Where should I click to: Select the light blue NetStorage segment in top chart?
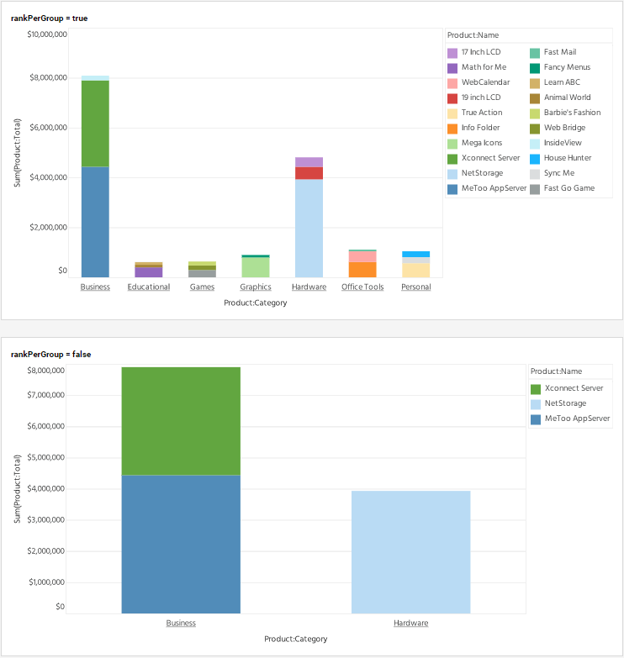pyautogui.click(x=309, y=228)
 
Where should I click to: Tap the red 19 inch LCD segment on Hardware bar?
pyautogui.click(x=309, y=173)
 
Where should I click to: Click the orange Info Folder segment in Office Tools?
pyautogui.click(x=362, y=269)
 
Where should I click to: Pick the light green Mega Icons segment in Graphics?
pyautogui.click(x=256, y=266)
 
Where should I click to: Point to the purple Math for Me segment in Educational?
pyautogui.click(x=149, y=271)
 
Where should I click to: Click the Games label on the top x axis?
pyautogui.click(x=202, y=287)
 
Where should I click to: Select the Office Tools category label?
pyautogui.click(x=362, y=287)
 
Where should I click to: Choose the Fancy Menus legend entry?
pyautogui.click(x=567, y=67)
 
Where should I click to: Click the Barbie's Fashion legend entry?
pyautogui.click(x=572, y=113)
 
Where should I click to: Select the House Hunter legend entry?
pyautogui.click(x=568, y=158)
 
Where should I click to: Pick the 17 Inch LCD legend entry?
pyautogui.click(x=480, y=52)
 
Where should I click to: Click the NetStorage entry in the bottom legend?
pyautogui.click(x=565, y=403)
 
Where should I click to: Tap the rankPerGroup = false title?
pyautogui.click(x=51, y=355)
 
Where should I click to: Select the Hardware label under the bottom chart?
pyautogui.click(x=410, y=624)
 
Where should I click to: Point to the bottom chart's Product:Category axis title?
pyautogui.click(x=295, y=639)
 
